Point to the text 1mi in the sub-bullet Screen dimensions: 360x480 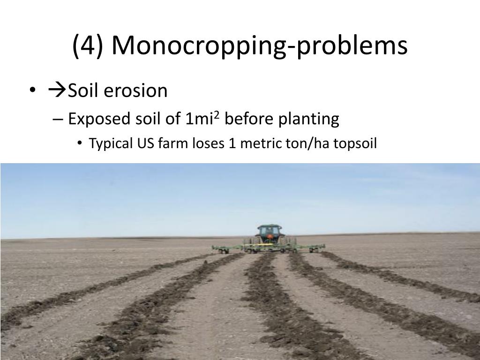pos(197,120)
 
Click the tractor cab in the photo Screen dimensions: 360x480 pos(269,232)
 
